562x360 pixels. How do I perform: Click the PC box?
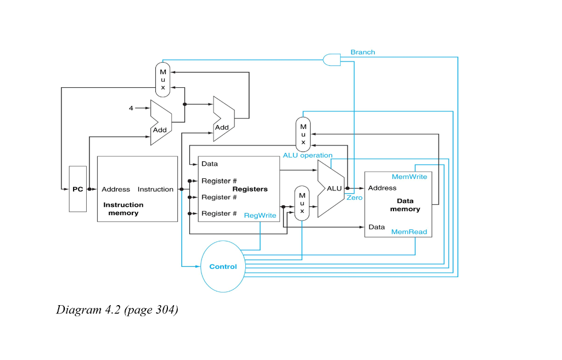tap(77, 189)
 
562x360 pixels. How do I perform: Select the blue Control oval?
tap(223, 267)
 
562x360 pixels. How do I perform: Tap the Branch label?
tap(363, 52)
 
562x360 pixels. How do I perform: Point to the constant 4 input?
tap(131, 108)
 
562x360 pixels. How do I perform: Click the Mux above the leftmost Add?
tap(162, 80)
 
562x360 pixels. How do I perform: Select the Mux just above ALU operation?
tap(303, 134)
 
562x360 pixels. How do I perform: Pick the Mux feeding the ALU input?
tap(302, 204)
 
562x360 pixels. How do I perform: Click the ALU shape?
tap(331, 188)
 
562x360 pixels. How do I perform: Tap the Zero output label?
tap(355, 198)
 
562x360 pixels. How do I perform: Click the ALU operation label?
tap(307, 155)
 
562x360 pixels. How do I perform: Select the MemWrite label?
tap(409, 177)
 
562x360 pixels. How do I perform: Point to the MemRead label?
tap(409, 232)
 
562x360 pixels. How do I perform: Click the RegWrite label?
tap(260, 216)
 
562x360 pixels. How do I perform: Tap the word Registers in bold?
tap(250, 189)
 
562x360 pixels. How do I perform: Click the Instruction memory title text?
tap(123, 209)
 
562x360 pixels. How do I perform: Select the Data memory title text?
tap(405, 205)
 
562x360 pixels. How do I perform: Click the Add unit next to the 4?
tap(161, 122)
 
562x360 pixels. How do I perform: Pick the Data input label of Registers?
tap(210, 164)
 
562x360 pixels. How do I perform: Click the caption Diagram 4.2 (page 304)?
tap(117, 310)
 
